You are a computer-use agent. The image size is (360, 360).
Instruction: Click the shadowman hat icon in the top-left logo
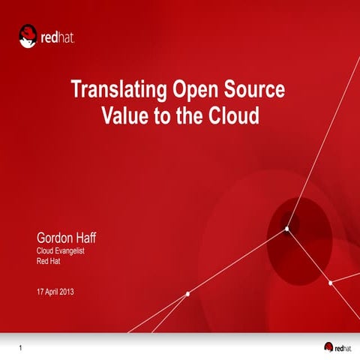[28, 35]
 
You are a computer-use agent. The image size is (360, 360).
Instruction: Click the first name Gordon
[55, 238]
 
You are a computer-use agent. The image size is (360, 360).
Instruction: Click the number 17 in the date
[40, 290]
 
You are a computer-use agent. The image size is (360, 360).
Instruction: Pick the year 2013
[67, 290]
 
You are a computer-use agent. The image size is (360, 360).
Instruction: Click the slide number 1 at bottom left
[22, 346]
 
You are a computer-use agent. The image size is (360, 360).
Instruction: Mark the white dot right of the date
[187, 293]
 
